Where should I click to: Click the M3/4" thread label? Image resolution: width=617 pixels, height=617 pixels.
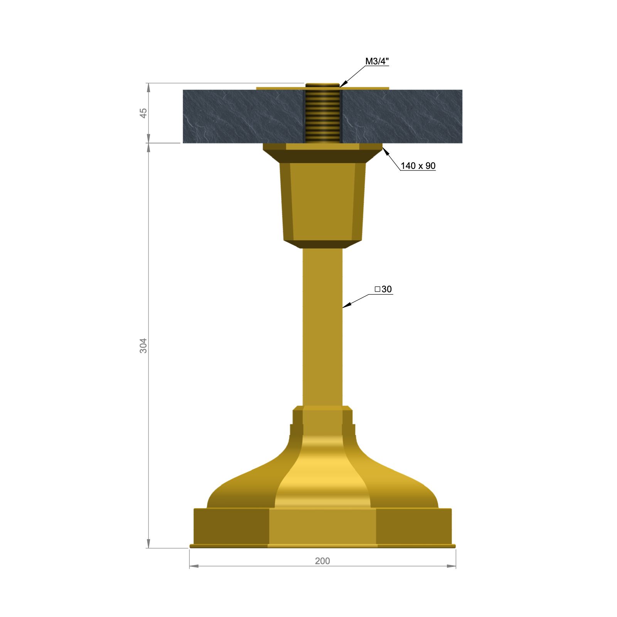pyautogui.click(x=377, y=61)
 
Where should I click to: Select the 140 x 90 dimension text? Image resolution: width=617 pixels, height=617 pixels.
pyautogui.click(x=418, y=166)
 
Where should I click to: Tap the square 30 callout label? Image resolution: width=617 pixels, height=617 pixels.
pyautogui.click(x=383, y=289)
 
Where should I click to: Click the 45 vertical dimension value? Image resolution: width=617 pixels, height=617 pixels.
pyautogui.click(x=143, y=113)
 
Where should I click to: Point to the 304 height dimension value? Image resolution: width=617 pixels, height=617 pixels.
pyautogui.click(x=143, y=346)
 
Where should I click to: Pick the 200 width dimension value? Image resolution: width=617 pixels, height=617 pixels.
pyautogui.click(x=322, y=561)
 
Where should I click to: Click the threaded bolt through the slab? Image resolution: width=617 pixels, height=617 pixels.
pyautogui.click(x=323, y=116)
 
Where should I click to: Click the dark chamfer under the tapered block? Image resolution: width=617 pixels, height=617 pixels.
pyautogui.click(x=322, y=244)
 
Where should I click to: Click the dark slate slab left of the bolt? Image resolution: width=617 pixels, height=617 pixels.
pyautogui.click(x=243, y=116)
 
